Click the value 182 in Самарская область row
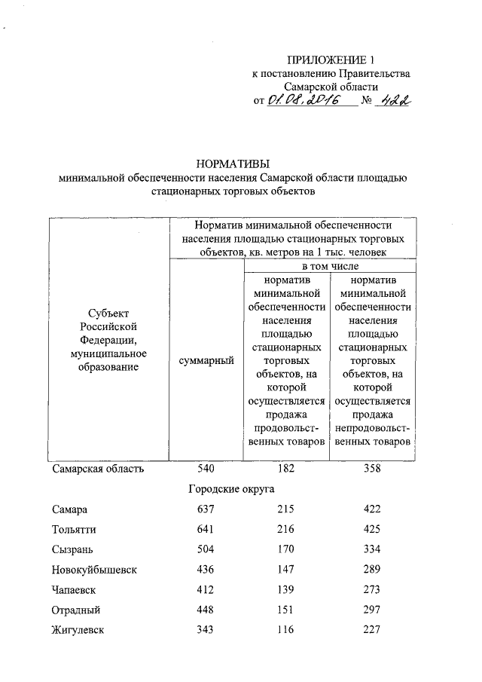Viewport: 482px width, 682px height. point(285,469)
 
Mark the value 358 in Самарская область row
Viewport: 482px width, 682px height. point(371,469)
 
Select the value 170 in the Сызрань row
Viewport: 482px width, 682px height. point(285,549)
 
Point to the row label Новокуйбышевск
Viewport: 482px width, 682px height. point(95,570)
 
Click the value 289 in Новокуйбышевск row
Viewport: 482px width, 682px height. point(371,570)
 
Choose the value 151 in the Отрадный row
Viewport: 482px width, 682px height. point(285,610)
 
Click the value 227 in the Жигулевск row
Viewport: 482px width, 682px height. point(371,630)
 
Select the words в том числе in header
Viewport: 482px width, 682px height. point(330,267)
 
